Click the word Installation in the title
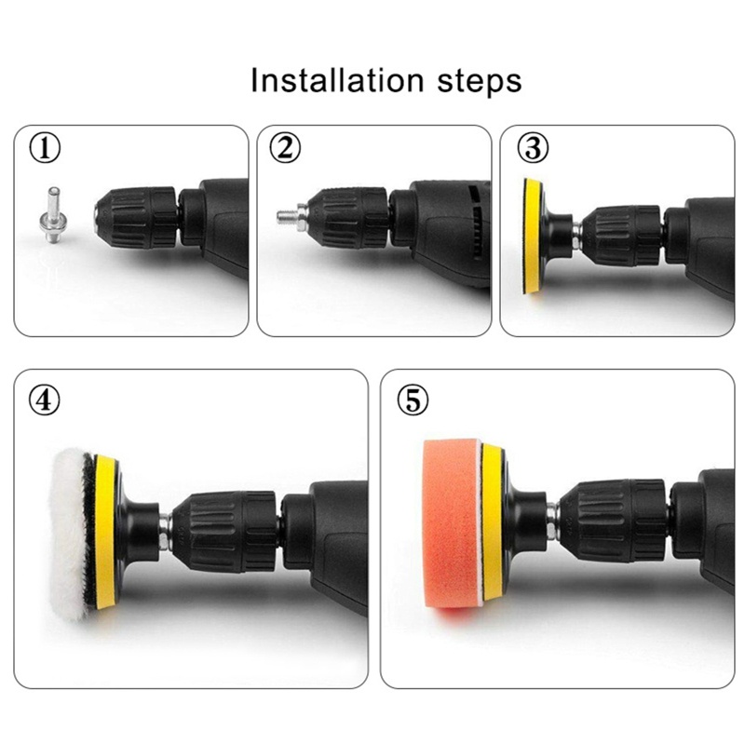pyautogui.click(x=337, y=80)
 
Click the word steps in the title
pyautogui.click(x=480, y=83)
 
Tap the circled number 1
pyautogui.click(x=45, y=148)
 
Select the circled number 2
pyautogui.click(x=285, y=148)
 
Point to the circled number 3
pyautogui.click(x=533, y=148)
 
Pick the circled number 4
pyautogui.click(x=45, y=400)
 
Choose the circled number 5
pyautogui.click(x=413, y=400)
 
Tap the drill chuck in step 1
pyautogui.click(x=137, y=220)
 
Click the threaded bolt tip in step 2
pyautogui.click(x=287, y=217)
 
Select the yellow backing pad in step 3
pyautogui.click(x=533, y=236)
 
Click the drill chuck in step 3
pyautogui.click(x=621, y=236)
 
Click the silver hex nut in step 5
pyautogui.click(x=552, y=521)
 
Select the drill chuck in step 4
pyautogui.click(x=224, y=531)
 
